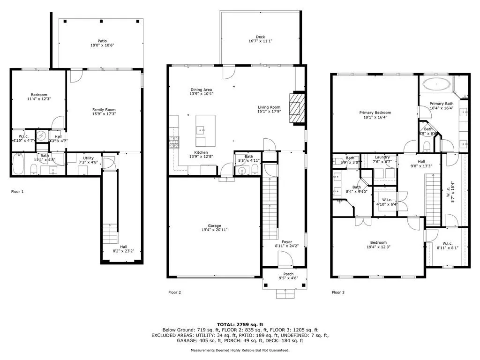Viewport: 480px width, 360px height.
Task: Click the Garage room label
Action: point(215,226)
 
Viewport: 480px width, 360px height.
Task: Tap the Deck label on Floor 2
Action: point(260,37)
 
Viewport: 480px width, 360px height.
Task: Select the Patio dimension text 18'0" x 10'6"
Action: point(102,45)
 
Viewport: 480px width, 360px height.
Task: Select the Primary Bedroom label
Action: point(375,112)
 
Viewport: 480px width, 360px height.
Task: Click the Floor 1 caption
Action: point(17,192)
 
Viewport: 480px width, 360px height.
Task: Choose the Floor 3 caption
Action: point(338,292)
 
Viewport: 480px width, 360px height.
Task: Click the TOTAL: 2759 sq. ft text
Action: point(240,324)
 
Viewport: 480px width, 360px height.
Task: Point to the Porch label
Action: point(288,274)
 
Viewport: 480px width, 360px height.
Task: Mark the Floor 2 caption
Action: point(174,292)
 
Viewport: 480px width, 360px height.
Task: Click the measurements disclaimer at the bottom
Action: point(240,350)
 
